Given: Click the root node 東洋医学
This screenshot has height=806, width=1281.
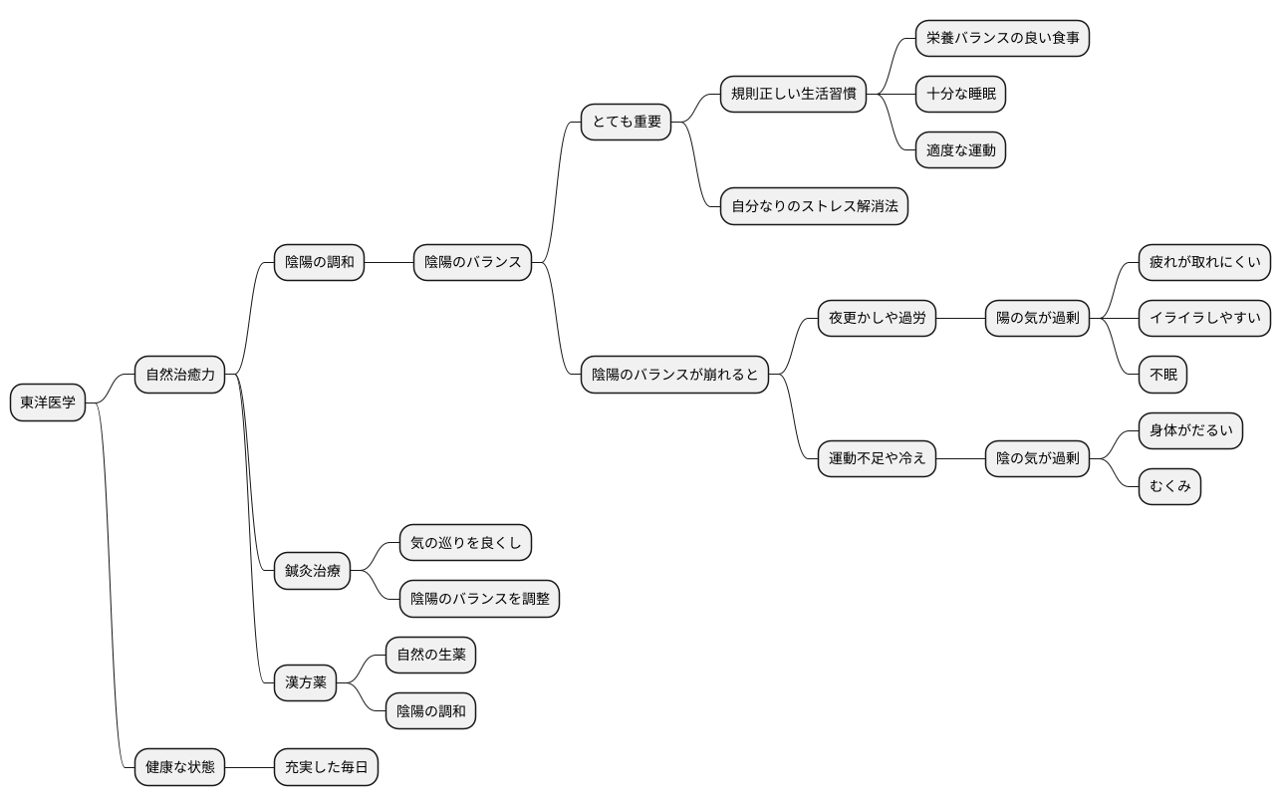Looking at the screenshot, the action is [48, 403].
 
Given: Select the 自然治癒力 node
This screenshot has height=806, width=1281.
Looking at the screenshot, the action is [179, 375].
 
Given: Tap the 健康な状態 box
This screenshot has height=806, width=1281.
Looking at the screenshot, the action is [179, 767].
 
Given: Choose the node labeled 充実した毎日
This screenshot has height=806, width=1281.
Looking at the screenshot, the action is [326, 767].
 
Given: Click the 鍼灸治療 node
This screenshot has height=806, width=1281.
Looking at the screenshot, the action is [312, 571].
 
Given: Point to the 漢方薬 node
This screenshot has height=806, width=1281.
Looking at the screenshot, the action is [306, 682].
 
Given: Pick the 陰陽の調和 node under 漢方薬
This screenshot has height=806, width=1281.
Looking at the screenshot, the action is [430, 711].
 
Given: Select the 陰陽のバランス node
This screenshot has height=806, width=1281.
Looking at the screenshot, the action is [472, 263].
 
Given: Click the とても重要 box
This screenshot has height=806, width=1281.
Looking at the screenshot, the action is [626, 122].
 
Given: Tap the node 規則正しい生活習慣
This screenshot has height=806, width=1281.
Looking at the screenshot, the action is [793, 94].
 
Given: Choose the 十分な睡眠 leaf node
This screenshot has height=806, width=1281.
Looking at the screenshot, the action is [960, 94].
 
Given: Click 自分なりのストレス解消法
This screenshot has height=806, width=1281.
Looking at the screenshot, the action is [815, 206].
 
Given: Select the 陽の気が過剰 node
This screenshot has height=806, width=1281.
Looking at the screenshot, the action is [1037, 318].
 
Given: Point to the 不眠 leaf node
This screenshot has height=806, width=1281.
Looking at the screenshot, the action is [1162, 375].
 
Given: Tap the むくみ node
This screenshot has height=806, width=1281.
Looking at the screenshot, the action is [1169, 486].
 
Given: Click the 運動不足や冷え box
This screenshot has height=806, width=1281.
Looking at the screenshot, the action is [877, 458].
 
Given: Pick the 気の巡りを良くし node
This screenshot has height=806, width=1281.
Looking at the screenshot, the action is [465, 543].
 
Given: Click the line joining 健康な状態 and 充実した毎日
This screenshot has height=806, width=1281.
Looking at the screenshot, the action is [249, 767].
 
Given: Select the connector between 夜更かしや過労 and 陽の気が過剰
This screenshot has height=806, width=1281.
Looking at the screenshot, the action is [960, 318].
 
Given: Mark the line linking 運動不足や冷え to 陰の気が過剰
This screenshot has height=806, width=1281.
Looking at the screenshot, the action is [960, 458].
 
